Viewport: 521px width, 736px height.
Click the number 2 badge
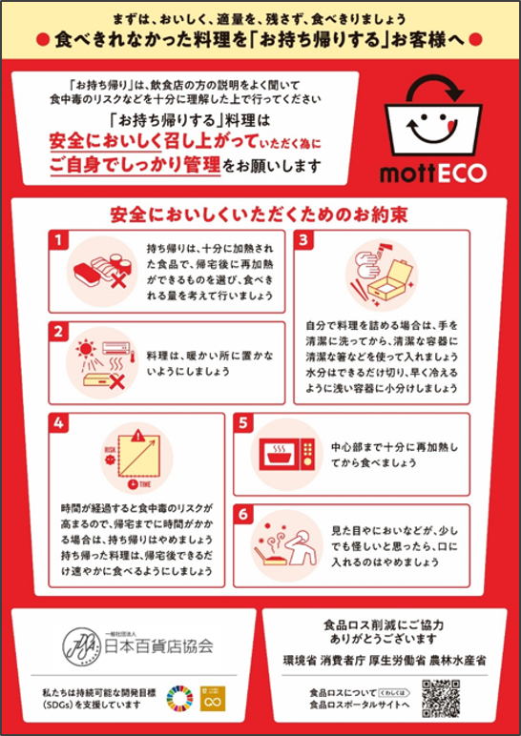point(59,334)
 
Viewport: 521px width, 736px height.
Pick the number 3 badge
point(303,240)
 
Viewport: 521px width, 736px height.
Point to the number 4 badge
point(59,423)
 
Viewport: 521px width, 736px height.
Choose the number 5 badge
point(244,423)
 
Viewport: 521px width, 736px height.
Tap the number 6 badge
point(244,515)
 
